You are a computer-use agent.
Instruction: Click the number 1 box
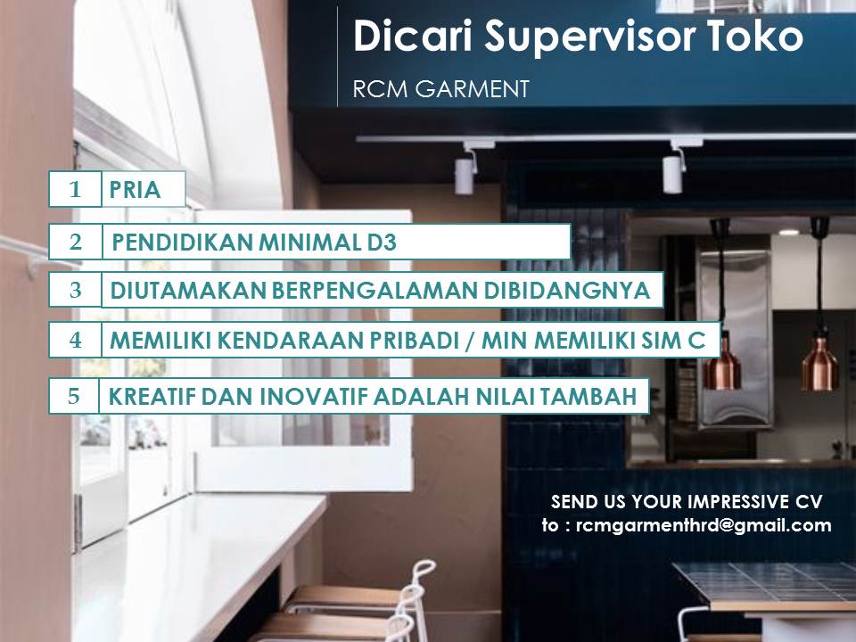[75, 189]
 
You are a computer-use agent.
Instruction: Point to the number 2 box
[75, 242]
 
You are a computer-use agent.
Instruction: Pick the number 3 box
[75, 290]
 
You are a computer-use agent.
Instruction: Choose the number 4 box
[75, 340]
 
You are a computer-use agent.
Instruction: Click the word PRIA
[135, 190]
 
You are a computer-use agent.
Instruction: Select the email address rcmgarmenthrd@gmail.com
[704, 525]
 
